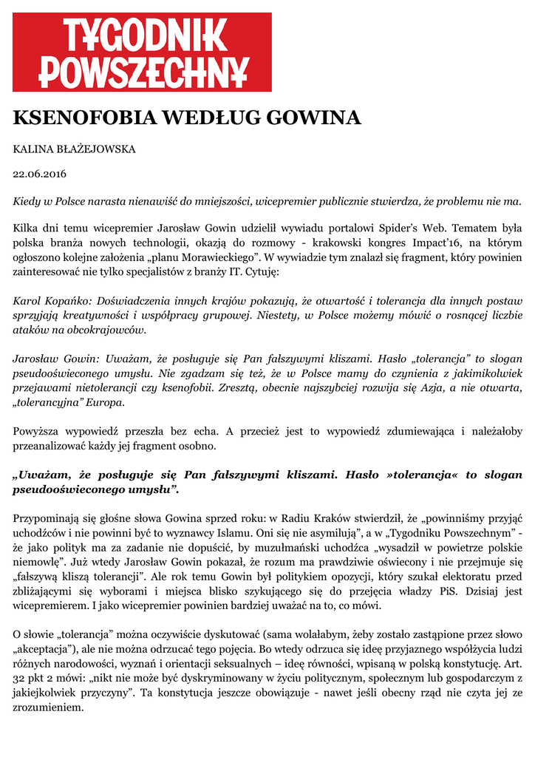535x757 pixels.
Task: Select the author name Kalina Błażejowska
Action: [75, 149]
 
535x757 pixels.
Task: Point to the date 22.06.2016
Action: [40, 174]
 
